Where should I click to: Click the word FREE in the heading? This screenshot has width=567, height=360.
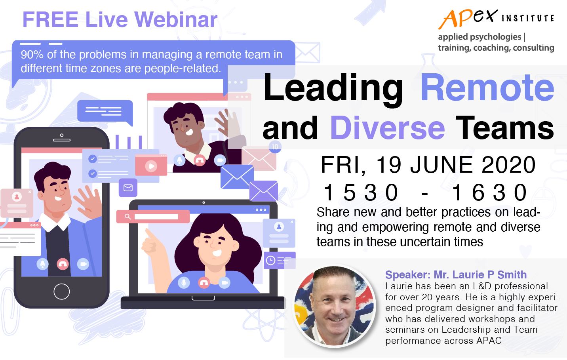point(50,19)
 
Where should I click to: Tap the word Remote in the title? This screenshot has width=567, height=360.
point(487,88)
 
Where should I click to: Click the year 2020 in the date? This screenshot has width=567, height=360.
point(508,165)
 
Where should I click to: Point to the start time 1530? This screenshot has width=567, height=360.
point(361,192)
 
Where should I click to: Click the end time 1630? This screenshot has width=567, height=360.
point(489,192)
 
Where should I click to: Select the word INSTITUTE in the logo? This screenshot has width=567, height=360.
point(528,18)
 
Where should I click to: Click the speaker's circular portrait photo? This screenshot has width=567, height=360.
point(334,306)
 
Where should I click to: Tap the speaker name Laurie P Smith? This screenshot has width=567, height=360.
point(480,275)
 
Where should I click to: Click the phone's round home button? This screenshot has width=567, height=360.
point(61,291)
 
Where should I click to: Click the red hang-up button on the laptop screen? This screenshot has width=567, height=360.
point(204,282)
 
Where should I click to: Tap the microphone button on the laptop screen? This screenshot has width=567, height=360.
point(184,282)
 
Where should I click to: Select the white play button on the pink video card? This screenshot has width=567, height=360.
point(151,166)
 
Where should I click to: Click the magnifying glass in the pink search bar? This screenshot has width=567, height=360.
point(128,217)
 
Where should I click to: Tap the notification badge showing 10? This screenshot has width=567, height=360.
point(275,147)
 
